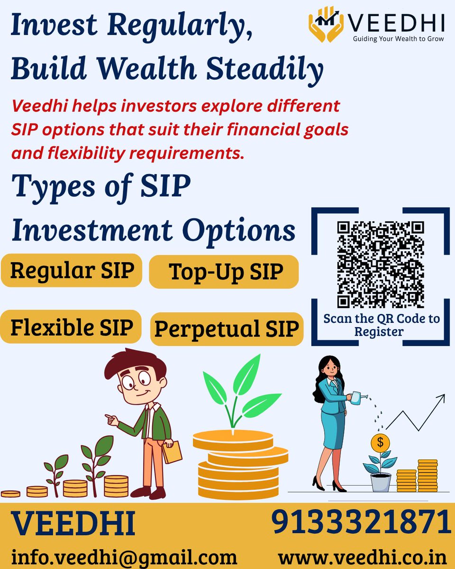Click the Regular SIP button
coord(72,271)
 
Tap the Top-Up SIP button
coord(224,272)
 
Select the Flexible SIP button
coord(71,327)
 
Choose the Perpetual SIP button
coord(227,329)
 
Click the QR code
coord(381,264)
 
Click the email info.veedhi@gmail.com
coord(124,556)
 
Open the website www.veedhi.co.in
coord(363,556)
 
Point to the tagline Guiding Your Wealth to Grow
coord(398,38)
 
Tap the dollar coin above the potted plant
coord(380,443)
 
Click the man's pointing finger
coord(109,418)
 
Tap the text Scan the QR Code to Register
coord(381,324)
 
